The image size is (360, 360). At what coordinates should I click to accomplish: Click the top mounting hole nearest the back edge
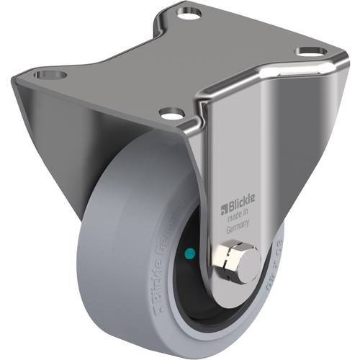pyautogui.click(x=189, y=12)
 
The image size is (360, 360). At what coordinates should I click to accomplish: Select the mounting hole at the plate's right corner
pyautogui.click(x=309, y=52)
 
